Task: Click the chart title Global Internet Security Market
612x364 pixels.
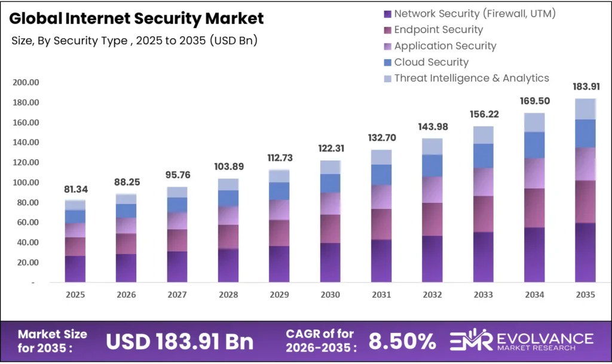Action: [136, 18]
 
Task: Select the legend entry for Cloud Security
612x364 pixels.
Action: [431, 62]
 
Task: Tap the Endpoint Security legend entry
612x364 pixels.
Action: [438, 29]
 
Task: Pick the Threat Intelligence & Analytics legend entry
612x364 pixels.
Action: [471, 78]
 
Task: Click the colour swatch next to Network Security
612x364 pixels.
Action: [387, 14]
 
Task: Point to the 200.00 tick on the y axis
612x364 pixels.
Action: [26, 82]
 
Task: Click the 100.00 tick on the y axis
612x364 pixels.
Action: [26, 182]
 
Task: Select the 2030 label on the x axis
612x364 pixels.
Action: [330, 295]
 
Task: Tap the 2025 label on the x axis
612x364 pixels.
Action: [75, 295]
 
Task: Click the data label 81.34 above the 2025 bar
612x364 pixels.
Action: [75, 190]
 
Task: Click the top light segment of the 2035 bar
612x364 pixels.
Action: [585, 109]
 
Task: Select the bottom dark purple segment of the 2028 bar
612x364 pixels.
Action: [228, 266]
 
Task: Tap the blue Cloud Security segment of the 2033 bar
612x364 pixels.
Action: [483, 156]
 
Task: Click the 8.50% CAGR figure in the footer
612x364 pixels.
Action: [402, 341]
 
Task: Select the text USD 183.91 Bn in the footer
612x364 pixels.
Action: [179, 341]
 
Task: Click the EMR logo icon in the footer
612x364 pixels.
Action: [470, 340]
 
